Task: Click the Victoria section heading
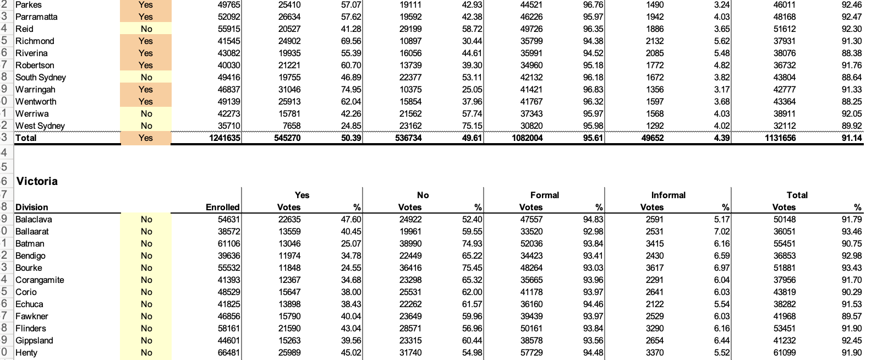point(37,181)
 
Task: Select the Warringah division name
point(35,89)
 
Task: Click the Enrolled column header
point(222,208)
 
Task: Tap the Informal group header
point(668,195)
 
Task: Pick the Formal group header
point(544,195)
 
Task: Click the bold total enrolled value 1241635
point(224,138)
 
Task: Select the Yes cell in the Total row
point(146,138)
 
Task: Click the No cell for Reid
point(146,29)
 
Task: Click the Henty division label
point(26,352)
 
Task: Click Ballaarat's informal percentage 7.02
point(721,231)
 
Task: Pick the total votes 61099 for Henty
point(784,352)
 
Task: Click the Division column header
point(31,208)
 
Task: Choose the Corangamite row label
point(40,280)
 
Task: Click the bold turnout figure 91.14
point(851,138)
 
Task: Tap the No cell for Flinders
point(146,328)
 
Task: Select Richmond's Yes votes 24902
point(289,41)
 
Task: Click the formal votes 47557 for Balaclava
point(531,219)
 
